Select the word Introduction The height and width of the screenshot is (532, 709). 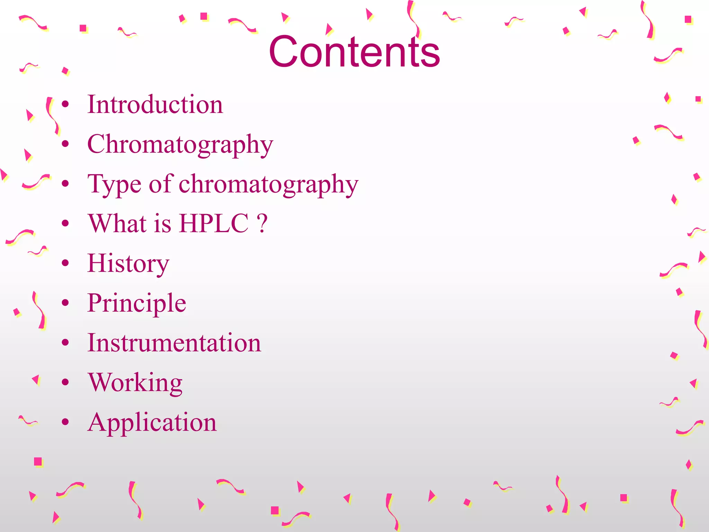pos(155,104)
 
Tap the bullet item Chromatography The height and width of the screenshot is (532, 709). pos(180,144)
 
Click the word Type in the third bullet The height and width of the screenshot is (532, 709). pos(114,184)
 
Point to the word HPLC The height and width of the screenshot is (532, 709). pos(214,223)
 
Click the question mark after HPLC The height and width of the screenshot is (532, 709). pos(262,223)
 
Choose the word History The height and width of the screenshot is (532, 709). pos(128,264)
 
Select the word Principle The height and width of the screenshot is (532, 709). pos(137,303)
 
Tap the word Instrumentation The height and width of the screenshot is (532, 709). pos(174,343)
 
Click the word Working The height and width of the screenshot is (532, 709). pos(135,383)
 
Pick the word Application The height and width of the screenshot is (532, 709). pos(152,423)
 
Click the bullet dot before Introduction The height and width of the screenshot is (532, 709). pos(65,104)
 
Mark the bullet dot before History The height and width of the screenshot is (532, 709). pos(65,263)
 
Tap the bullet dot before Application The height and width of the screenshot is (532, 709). pos(65,422)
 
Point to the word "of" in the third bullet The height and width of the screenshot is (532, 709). pos(161,184)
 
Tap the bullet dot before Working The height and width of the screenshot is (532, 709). pos(65,382)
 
